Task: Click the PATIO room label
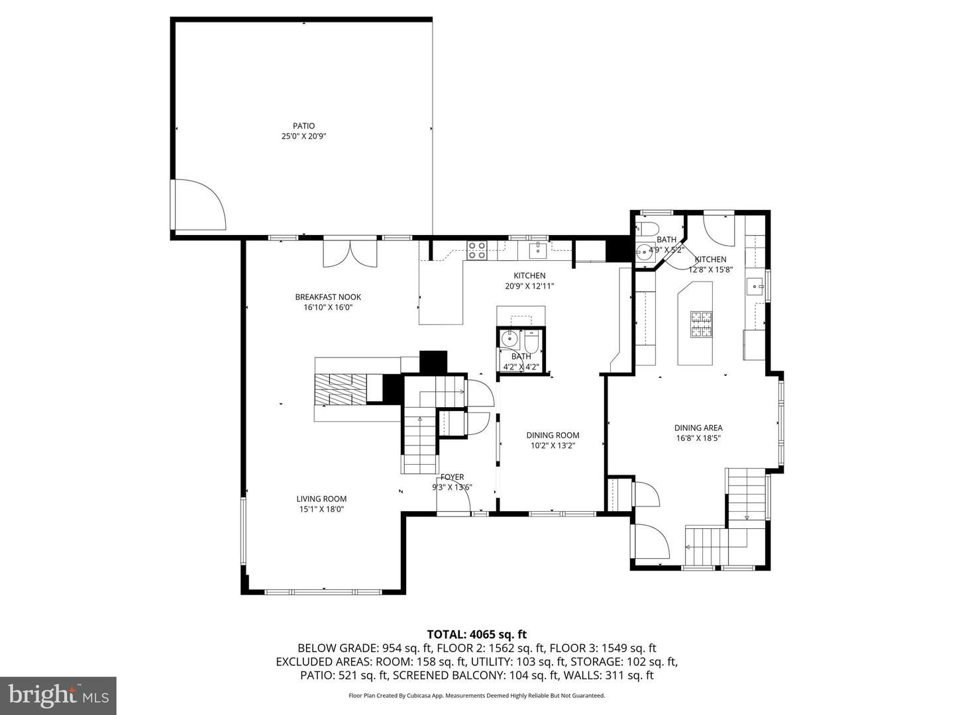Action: pyautogui.click(x=304, y=126)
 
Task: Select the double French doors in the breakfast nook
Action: pyautogui.click(x=350, y=252)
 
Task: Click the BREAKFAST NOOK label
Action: pyautogui.click(x=328, y=297)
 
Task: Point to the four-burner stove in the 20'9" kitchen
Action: pyautogui.click(x=476, y=250)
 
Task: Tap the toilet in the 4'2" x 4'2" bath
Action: pyautogui.click(x=531, y=340)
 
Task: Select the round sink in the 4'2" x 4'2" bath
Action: pyautogui.click(x=509, y=338)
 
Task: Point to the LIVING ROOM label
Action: pyautogui.click(x=321, y=499)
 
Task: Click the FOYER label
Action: pyautogui.click(x=452, y=477)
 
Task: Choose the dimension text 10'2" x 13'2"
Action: pyautogui.click(x=553, y=446)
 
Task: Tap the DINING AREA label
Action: pyautogui.click(x=698, y=428)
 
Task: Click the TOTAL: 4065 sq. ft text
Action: pyautogui.click(x=476, y=634)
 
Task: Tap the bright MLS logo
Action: pyautogui.click(x=58, y=695)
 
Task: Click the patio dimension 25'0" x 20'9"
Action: pyautogui.click(x=304, y=136)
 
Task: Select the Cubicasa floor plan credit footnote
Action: pyautogui.click(x=476, y=696)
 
